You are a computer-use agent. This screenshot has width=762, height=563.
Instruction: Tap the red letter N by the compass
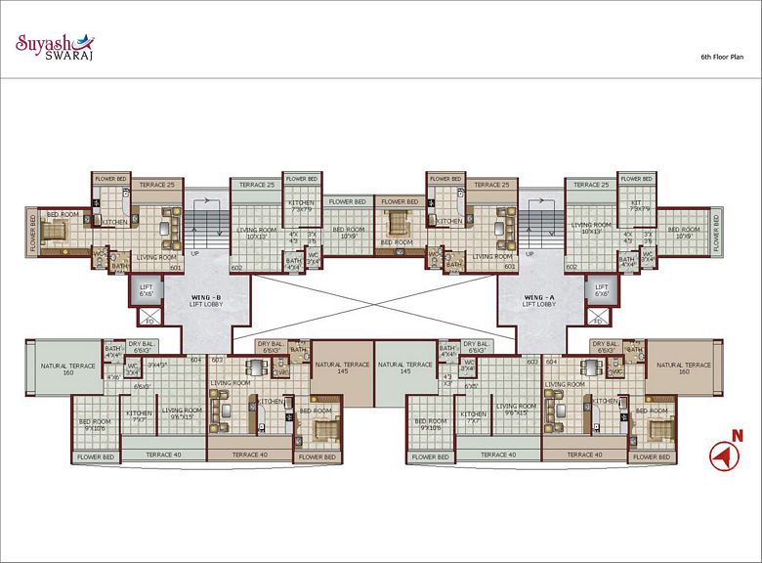(739, 435)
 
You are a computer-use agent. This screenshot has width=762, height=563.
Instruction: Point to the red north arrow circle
(724, 455)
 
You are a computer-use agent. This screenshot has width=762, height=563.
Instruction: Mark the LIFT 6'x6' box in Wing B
(148, 291)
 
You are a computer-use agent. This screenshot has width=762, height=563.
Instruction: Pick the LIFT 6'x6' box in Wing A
(602, 291)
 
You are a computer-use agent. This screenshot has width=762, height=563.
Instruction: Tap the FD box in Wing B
(148, 319)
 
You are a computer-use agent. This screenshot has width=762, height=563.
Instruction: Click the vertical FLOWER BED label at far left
(32, 234)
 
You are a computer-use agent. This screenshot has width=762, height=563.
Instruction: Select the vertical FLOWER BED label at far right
(717, 234)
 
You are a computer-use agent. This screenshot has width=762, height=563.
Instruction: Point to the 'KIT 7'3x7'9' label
(639, 205)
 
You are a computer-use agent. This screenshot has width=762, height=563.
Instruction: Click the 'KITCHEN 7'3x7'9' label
(301, 205)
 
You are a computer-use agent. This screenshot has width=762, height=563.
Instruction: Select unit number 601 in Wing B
(176, 267)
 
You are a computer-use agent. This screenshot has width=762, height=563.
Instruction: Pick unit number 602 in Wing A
(572, 267)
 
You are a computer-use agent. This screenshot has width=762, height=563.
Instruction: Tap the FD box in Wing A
(597, 319)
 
